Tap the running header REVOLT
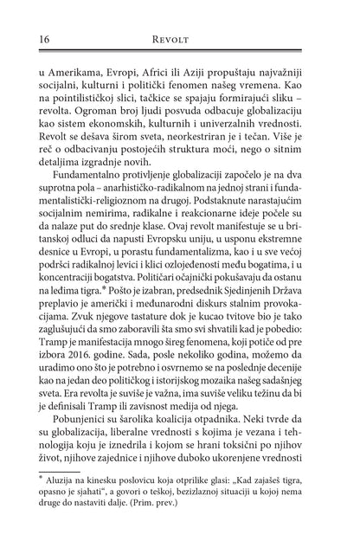(x=180, y=40)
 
